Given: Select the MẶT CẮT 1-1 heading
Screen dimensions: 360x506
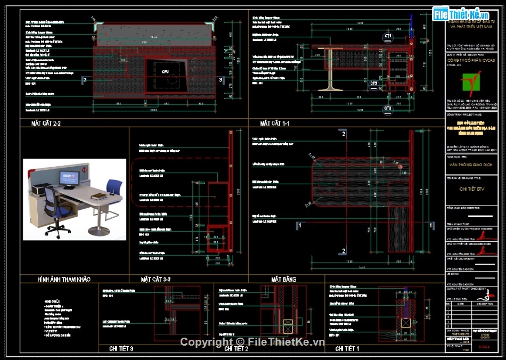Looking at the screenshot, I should tap(274, 123).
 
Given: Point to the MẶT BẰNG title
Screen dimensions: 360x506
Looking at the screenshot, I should tap(284, 279).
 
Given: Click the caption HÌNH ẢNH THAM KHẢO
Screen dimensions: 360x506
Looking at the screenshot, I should tap(64, 279).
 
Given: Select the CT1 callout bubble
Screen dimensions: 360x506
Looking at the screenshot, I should tap(388, 36).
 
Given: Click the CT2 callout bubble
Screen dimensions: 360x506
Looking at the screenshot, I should tap(388, 109).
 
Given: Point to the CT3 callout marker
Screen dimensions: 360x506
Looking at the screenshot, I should tap(374, 83).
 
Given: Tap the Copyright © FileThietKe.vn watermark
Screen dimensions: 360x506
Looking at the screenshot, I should tap(252, 341).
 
